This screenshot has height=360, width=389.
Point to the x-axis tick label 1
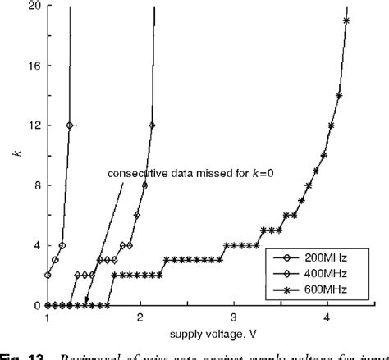[47, 317]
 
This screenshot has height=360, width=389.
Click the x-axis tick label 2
[140, 317]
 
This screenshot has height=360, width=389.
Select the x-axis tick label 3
[234, 317]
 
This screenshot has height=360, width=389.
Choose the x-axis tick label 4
[327, 317]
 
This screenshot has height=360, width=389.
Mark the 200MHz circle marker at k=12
[70, 125]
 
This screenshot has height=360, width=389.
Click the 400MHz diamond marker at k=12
[152, 125]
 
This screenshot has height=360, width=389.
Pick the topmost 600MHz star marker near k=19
[346, 21]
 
